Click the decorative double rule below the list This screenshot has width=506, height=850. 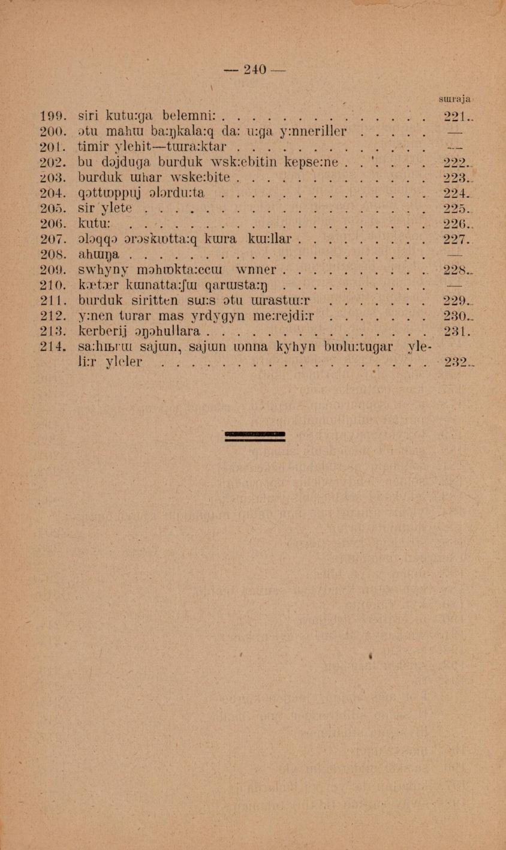[x=254, y=436]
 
